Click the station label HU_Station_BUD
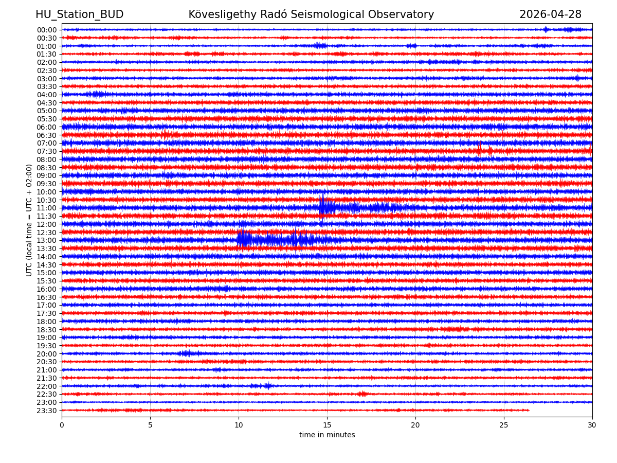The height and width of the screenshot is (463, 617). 79,15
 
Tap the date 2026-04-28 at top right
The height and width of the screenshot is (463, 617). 550,15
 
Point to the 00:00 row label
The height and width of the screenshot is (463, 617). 46,30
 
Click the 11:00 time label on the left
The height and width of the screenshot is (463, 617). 46,208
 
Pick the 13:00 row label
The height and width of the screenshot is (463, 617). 46,241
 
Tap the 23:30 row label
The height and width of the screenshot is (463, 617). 46,411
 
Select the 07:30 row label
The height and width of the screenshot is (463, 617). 46,152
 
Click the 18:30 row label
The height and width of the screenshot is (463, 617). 46,330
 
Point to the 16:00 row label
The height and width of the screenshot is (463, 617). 46,289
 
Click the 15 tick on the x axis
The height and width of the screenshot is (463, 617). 327,425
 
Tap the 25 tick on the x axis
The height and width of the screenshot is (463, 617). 504,425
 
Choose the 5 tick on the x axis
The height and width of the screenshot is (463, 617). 150,425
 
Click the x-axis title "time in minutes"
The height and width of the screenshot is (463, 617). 327,435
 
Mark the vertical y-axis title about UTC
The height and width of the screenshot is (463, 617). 30,220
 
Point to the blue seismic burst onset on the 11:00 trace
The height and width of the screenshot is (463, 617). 322,207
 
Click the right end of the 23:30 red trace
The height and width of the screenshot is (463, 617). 529,410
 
